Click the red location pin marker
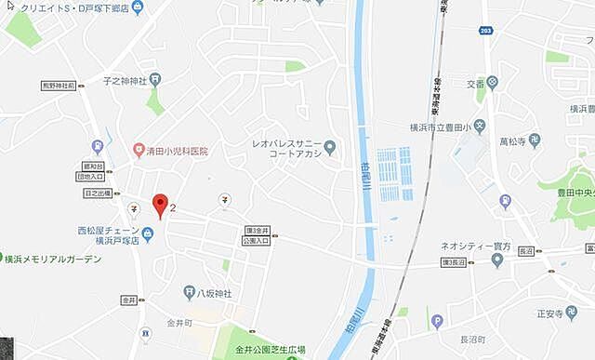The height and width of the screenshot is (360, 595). [x=160, y=206]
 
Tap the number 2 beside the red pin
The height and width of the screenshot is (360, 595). [x=174, y=197]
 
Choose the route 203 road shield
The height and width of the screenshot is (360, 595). [x=487, y=32]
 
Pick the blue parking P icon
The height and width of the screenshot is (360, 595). [x=438, y=323]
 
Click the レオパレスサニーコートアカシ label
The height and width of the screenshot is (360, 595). [x=286, y=149]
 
